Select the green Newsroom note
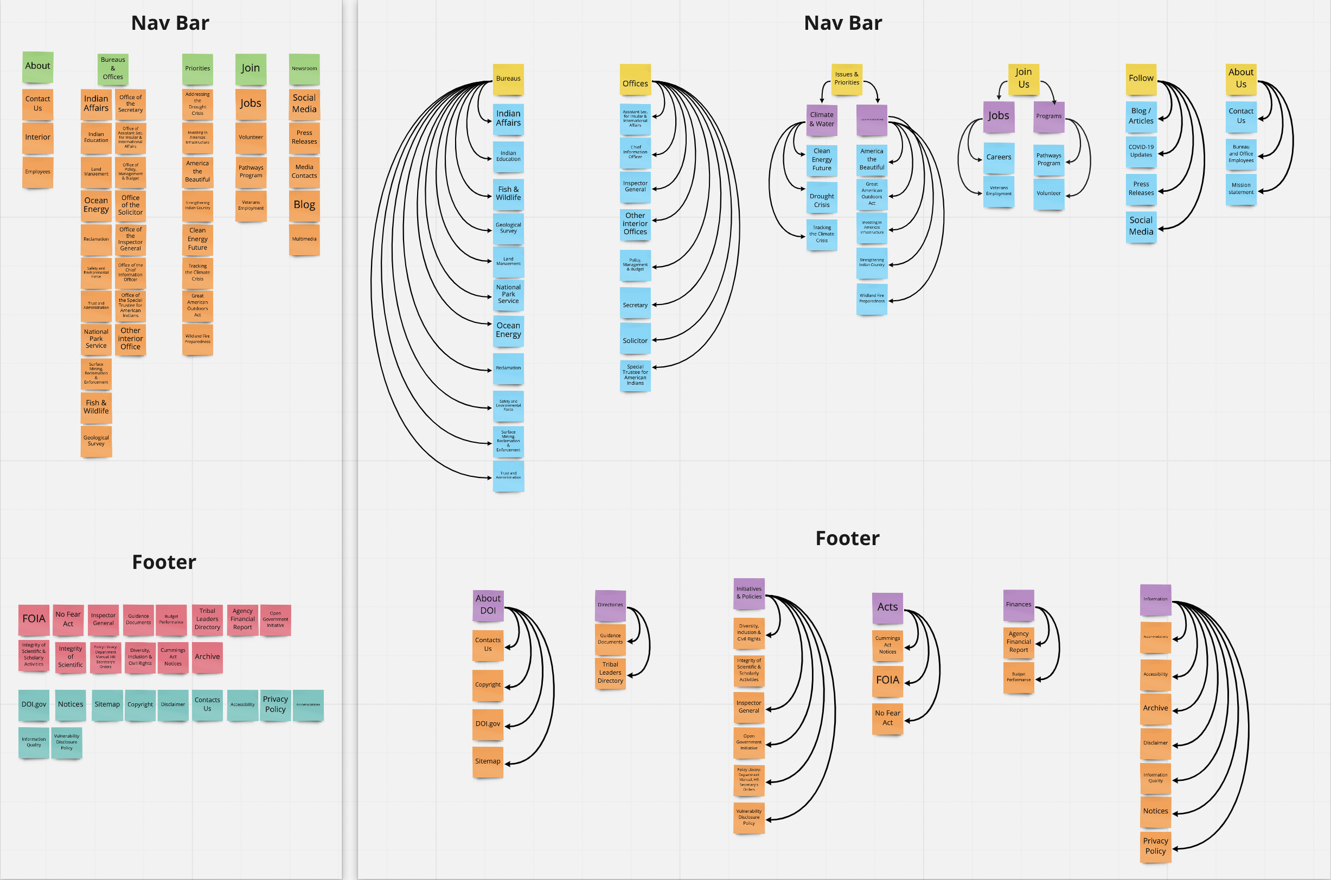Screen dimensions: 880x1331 tap(304, 69)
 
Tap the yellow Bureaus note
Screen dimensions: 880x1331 tap(508, 79)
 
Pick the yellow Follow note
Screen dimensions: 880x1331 tap(1141, 79)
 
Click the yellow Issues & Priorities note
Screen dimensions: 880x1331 tap(846, 79)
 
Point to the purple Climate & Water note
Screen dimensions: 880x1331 tap(822, 120)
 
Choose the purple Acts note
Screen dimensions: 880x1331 tap(887, 607)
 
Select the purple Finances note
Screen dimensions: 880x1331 tap(1018, 604)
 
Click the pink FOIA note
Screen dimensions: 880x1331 tap(34, 619)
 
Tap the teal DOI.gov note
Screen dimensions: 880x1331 tap(34, 704)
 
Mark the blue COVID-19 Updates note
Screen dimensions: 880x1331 tap(1141, 152)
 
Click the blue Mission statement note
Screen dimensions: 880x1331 tap(1240, 189)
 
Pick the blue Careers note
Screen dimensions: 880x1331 tap(999, 158)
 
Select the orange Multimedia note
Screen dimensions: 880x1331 tap(304, 240)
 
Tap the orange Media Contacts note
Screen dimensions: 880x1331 tap(304, 172)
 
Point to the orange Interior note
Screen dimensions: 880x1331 tap(37, 138)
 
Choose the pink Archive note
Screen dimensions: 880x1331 tap(207, 657)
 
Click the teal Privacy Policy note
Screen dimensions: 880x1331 tap(275, 704)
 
